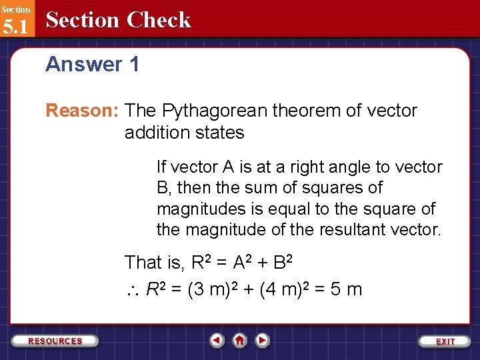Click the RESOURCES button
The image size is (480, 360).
tap(55, 341)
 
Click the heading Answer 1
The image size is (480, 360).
tap(92, 65)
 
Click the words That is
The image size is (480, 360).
tap(153, 263)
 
